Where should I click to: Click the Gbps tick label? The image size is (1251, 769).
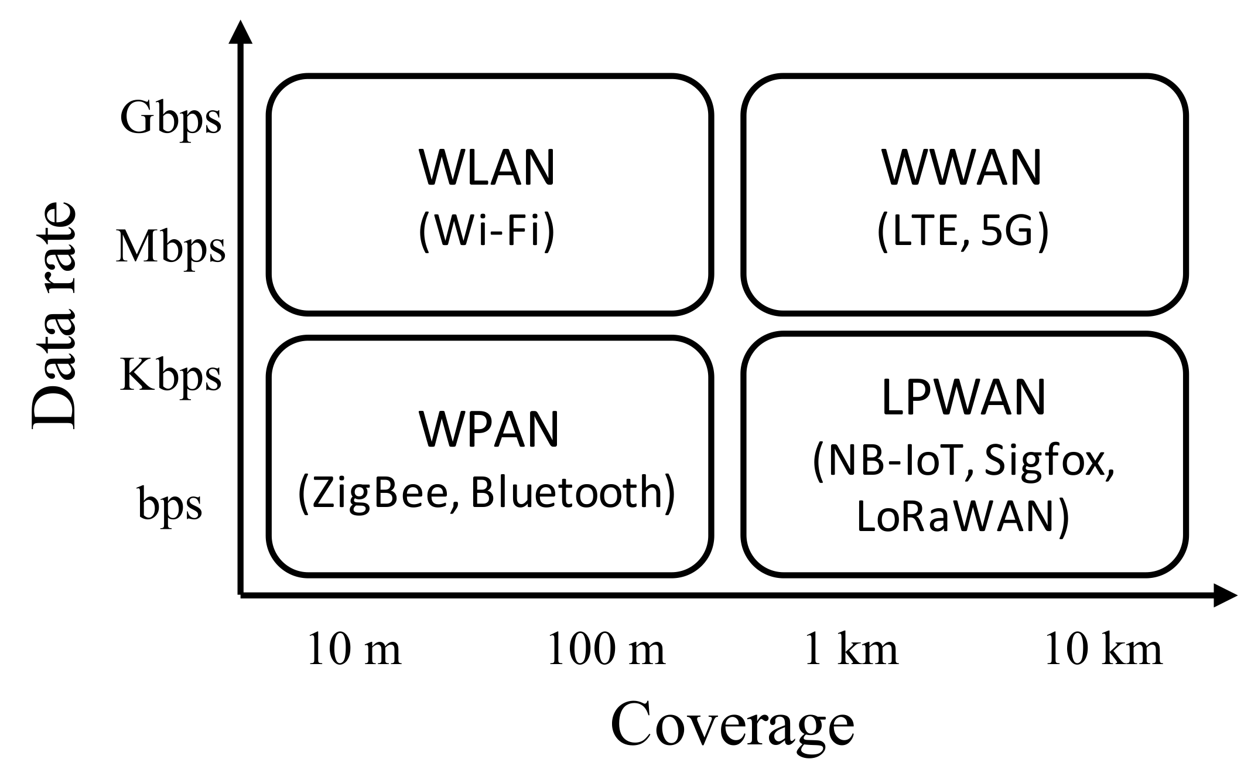point(170,118)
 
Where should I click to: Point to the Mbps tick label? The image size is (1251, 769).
point(170,247)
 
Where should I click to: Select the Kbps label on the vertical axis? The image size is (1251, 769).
point(170,375)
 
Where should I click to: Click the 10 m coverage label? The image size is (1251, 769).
point(354,649)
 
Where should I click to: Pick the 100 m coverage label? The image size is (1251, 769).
point(606,649)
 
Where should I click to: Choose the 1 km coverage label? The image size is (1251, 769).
point(851,649)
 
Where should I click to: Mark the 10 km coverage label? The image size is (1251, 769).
point(1102,649)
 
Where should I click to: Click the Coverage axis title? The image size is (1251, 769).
point(732,726)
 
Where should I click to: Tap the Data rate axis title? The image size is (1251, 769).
point(54,317)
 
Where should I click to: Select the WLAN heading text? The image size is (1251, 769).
point(486,169)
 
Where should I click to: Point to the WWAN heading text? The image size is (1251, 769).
point(962,168)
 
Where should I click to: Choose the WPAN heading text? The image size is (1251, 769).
point(488,430)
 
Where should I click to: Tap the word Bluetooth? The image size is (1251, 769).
point(573,492)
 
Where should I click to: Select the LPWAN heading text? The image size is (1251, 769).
point(963,398)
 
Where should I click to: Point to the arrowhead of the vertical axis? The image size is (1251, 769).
point(240,32)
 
